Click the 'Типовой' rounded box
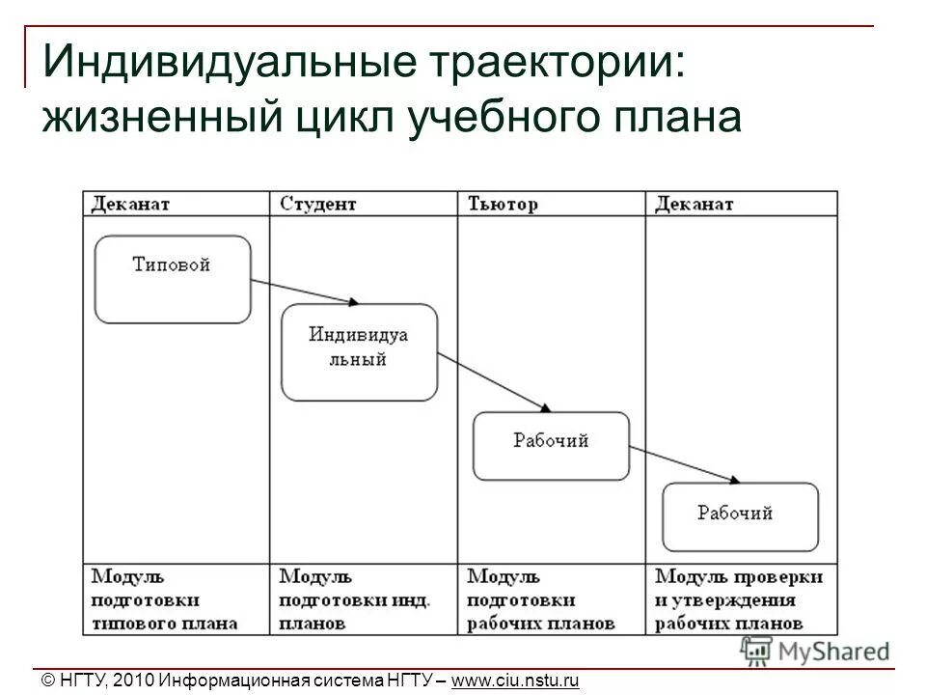173,279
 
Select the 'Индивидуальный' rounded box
359,352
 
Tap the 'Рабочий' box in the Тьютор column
550,446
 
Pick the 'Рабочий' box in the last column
740,516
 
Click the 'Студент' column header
318,204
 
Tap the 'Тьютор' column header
503,204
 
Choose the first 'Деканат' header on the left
131,204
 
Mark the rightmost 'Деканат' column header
694,204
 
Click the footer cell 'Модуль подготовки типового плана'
165,599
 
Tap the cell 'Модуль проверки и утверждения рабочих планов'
740,599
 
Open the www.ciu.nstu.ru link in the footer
515,681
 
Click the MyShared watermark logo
816,650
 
